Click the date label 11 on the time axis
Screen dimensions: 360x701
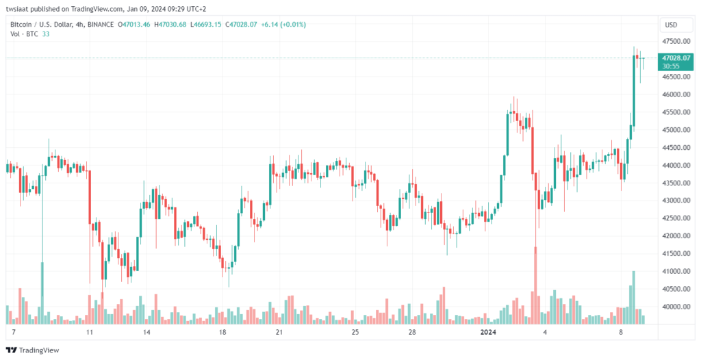[x=89, y=332]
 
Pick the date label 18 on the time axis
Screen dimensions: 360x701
[x=222, y=332]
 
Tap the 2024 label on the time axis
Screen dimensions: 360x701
[x=487, y=332]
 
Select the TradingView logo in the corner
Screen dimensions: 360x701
[x=34, y=350]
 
